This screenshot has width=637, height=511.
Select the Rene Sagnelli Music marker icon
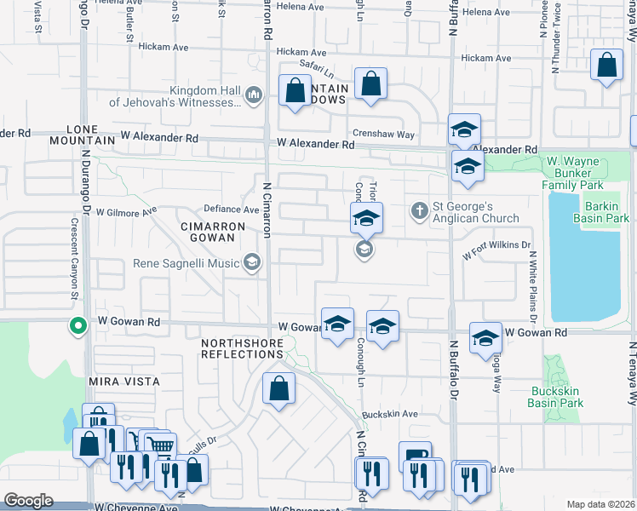[252, 263]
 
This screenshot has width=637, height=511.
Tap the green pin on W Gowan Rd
[77, 325]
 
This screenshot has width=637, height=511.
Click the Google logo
[28, 501]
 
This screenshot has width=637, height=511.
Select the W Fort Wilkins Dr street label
[496, 250]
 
